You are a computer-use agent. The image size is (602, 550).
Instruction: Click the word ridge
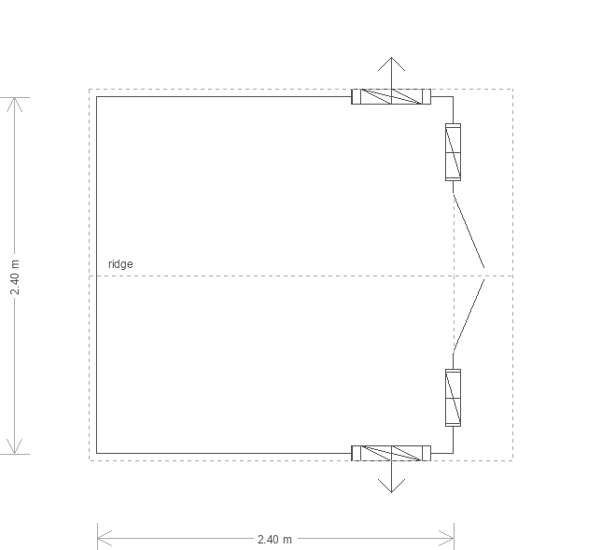click(120, 264)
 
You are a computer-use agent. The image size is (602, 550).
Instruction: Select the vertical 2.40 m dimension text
click(15, 277)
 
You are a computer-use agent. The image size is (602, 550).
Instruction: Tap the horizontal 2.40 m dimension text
click(274, 540)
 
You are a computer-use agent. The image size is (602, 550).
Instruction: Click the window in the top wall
click(391, 96)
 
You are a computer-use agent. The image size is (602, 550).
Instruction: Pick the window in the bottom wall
click(391, 453)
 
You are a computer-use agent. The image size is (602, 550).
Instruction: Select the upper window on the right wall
click(453, 152)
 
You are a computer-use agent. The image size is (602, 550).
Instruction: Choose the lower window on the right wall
click(453, 398)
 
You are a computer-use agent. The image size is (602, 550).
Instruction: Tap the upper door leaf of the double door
click(469, 232)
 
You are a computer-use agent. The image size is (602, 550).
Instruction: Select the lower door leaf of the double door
click(469, 317)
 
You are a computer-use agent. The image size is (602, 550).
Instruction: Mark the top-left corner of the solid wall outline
click(96, 96)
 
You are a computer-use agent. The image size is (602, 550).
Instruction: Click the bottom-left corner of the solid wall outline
click(96, 453)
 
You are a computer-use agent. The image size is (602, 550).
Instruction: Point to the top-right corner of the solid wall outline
click(453, 96)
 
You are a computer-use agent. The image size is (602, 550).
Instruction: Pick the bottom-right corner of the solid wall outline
click(453, 453)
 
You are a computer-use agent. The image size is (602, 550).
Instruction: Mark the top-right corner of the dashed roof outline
click(513, 89)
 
